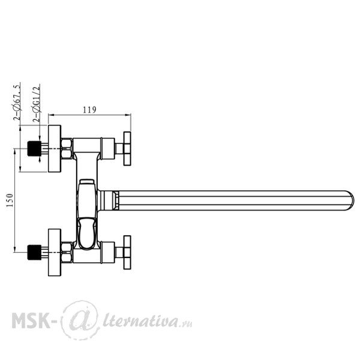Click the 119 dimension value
coord(89,110)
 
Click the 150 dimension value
coord(10,200)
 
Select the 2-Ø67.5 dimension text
coord(17,103)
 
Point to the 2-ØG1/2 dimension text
coord(37,104)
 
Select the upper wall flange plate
coord(55,149)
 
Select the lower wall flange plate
coord(55,253)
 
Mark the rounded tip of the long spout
coord(351,200)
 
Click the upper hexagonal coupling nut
coord(67,149)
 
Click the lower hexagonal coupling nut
coord(67,253)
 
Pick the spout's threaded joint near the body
coord(116,200)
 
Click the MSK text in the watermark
coord(31,321)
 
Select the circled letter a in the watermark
coord(80,320)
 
